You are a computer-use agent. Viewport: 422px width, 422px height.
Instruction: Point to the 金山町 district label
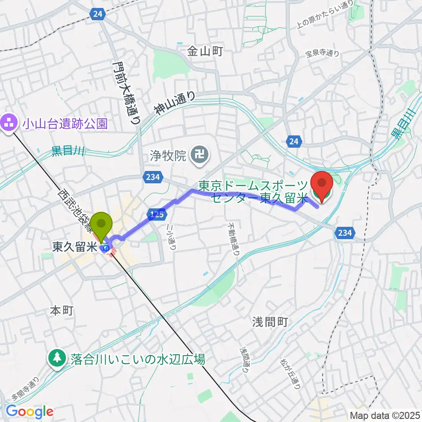point(205,51)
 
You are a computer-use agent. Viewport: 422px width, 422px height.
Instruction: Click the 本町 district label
point(61,311)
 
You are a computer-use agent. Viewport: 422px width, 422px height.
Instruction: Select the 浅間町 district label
point(270,322)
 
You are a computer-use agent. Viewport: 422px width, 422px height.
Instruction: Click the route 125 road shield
point(159,215)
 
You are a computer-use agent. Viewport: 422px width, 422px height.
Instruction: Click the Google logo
point(29,411)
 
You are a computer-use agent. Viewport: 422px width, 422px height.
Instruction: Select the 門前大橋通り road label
point(126,93)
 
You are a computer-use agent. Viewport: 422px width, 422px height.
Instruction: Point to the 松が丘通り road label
point(291,372)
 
